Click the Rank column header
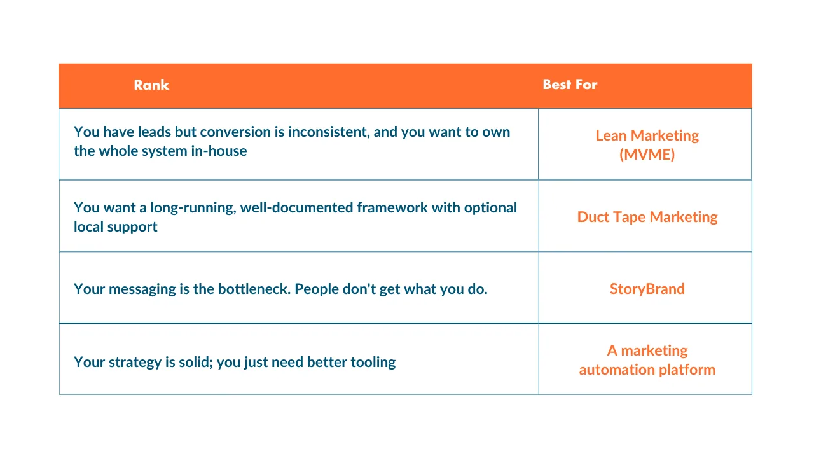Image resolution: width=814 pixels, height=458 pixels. (151, 85)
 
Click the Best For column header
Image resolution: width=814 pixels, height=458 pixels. (570, 85)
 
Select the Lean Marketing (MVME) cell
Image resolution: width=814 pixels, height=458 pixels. (647, 144)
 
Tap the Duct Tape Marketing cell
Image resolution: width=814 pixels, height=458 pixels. (647, 217)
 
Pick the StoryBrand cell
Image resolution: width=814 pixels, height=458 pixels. (647, 289)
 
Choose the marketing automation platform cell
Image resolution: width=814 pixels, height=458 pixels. (647, 360)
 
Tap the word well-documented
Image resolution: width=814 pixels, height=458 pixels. (296, 207)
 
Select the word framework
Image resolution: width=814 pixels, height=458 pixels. (392, 207)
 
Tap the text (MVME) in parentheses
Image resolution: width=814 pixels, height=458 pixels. (647, 155)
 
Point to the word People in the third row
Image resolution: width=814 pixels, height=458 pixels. (317, 289)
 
